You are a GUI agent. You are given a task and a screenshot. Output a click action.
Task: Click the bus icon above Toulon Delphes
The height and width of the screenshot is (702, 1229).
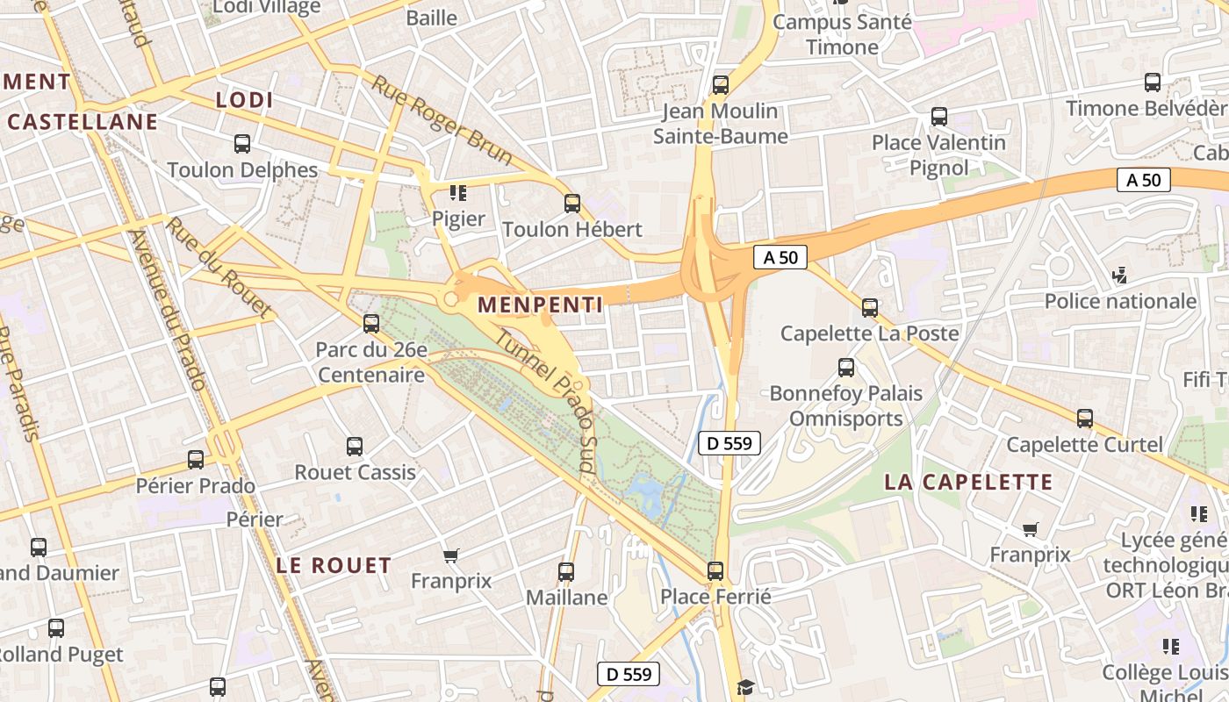click(242, 143)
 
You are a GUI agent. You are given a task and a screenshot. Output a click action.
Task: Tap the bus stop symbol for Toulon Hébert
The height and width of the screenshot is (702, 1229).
click(572, 204)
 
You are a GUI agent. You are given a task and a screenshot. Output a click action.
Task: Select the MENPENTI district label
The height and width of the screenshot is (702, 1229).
click(540, 304)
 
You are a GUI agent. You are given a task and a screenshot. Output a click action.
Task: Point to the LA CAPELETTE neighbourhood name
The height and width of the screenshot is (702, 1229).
click(968, 482)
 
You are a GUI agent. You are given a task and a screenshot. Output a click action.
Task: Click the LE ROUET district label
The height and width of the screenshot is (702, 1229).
click(334, 565)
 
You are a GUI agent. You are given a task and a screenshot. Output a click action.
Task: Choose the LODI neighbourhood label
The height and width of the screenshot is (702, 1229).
click(245, 100)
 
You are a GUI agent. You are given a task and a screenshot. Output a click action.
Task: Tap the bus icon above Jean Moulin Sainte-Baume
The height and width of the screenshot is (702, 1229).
click(721, 85)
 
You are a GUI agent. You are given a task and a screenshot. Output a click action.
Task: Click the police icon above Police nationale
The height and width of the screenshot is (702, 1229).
click(1119, 276)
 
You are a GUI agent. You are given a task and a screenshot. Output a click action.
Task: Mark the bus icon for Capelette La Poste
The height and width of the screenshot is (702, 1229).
click(869, 308)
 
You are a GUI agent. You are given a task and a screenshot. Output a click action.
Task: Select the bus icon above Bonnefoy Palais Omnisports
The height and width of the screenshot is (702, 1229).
click(846, 368)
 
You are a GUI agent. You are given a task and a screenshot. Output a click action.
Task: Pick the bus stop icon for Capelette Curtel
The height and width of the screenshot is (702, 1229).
click(1085, 419)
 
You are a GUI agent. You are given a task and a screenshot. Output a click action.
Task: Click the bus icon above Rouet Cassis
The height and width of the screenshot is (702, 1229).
click(355, 447)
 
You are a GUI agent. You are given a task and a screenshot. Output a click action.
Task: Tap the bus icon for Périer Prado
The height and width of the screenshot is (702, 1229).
click(196, 460)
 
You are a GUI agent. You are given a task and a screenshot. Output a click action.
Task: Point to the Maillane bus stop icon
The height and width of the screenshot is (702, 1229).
click(566, 572)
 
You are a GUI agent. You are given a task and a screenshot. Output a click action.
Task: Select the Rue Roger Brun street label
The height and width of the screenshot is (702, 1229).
click(442, 120)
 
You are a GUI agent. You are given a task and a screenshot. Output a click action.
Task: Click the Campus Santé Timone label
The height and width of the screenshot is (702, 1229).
click(842, 34)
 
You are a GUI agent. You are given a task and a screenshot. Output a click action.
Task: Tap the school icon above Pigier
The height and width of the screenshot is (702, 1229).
click(457, 192)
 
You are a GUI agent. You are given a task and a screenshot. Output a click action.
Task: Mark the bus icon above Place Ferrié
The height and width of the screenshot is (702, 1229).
click(715, 571)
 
